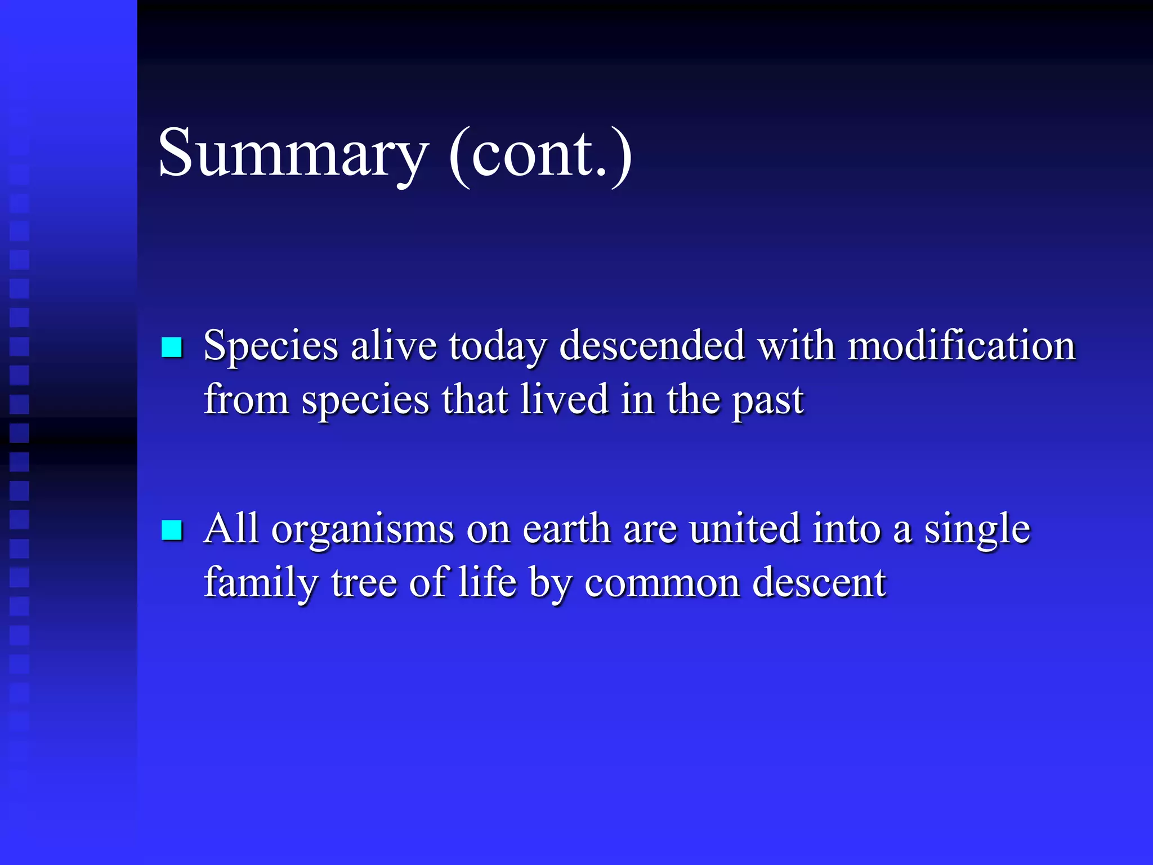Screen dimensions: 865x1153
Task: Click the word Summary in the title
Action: [x=293, y=153]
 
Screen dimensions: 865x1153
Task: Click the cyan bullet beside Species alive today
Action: [x=172, y=347]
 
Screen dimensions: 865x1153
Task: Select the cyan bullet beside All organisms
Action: [x=172, y=530]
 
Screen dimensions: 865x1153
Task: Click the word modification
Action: [x=962, y=345]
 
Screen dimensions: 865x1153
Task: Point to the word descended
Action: [x=652, y=345]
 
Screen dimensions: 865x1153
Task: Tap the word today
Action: [x=497, y=346]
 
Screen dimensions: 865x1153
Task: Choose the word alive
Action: [x=394, y=345]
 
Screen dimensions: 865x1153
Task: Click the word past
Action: [x=768, y=401]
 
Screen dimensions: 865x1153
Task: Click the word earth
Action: [x=566, y=529]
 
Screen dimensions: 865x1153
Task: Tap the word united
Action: [x=744, y=529]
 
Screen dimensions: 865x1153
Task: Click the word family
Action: [x=261, y=583]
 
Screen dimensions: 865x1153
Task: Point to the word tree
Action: [x=364, y=583]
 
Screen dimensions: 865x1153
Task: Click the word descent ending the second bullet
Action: [x=819, y=583]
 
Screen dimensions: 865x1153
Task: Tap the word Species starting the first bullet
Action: [x=271, y=346]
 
